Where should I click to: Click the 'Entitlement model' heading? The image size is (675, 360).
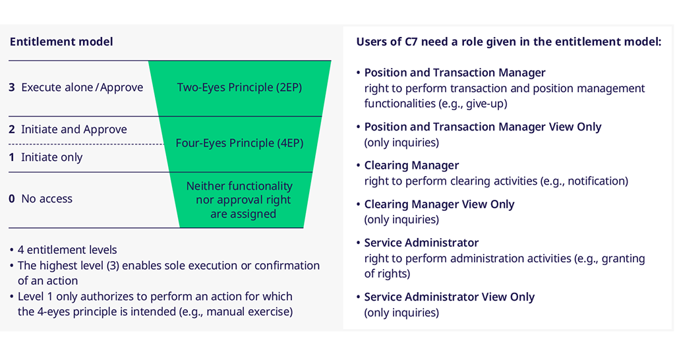(61, 42)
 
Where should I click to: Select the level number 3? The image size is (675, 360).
(12, 88)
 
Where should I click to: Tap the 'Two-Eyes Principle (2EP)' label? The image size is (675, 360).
(239, 88)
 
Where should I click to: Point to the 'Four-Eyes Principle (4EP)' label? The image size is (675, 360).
(239, 143)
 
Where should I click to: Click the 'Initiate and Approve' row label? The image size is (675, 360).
(74, 130)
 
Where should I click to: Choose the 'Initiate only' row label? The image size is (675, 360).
(51, 157)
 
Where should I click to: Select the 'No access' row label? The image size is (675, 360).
(47, 198)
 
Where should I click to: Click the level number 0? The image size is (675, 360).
(12, 198)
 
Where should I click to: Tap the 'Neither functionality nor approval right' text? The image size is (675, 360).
(239, 193)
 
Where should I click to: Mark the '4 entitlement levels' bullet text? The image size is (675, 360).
(67, 250)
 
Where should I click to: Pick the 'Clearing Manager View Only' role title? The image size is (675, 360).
(439, 204)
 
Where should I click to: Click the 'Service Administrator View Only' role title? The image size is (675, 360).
(450, 297)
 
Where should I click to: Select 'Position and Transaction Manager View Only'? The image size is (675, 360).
(483, 127)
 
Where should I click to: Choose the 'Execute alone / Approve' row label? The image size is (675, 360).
(82, 88)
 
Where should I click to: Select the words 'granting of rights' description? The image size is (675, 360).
(504, 266)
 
